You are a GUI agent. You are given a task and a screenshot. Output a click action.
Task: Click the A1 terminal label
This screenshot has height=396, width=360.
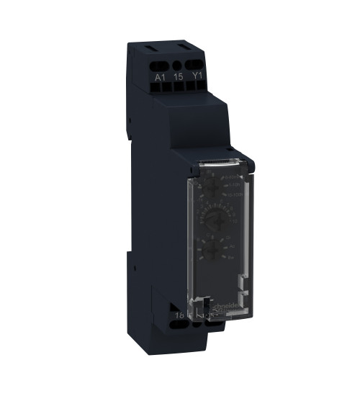[x=159, y=74]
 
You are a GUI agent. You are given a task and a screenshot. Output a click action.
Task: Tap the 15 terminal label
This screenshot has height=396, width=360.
[x=176, y=74]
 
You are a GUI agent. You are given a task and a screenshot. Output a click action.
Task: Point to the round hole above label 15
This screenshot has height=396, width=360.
[x=176, y=61]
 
